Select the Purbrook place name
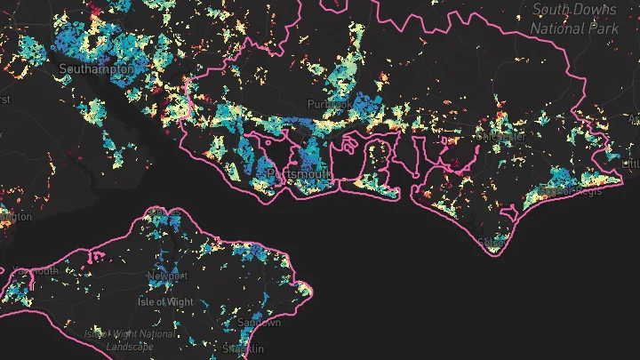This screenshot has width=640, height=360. point(325,105)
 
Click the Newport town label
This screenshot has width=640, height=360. point(167,276)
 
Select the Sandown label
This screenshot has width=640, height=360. point(259,323)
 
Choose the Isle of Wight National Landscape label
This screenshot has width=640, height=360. point(130,340)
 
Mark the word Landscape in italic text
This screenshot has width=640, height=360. point(130,347)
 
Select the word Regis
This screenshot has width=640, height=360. point(588,190)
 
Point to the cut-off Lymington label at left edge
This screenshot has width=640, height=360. point(14,216)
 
